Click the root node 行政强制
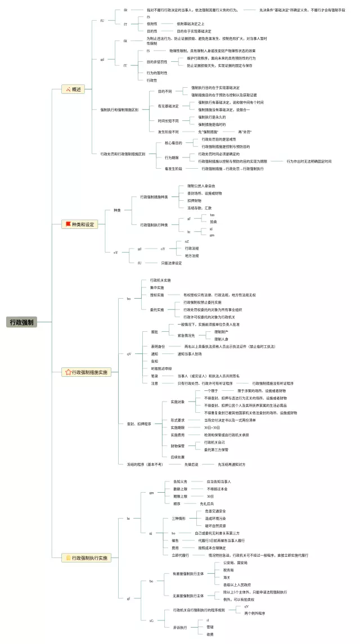[x=22, y=322]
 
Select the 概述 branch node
[x=75, y=89]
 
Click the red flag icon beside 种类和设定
[x=68, y=224]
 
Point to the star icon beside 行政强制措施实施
[x=68, y=372]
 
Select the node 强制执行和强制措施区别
[x=119, y=110]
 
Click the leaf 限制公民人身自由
[x=201, y=186]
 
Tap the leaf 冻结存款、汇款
[x=200, y=208]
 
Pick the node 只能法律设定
[x=172, y=263]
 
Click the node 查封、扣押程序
[x=138, y=424]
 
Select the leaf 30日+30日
[x=211, y=427]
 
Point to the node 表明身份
[x=157, y=346]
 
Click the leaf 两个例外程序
[x=255, y=613]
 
